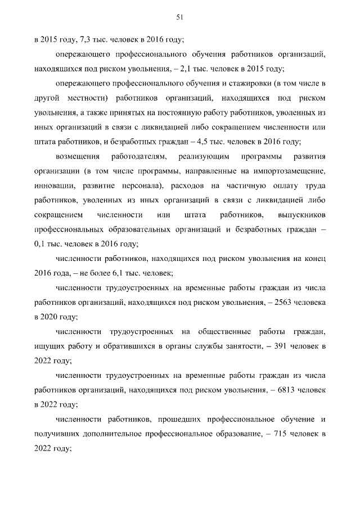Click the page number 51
click(180, 17)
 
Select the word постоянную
click(186, 113)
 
